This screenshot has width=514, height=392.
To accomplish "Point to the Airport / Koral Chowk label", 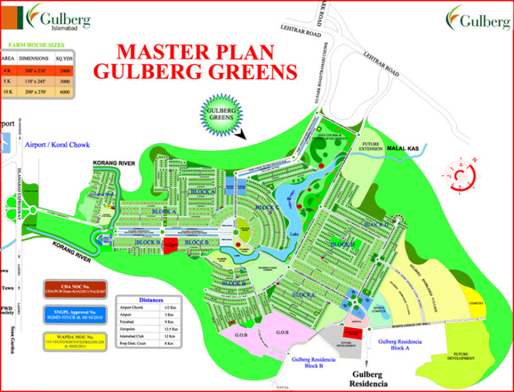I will pos(58,144).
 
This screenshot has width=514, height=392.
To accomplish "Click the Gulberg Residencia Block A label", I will pos(400,346).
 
